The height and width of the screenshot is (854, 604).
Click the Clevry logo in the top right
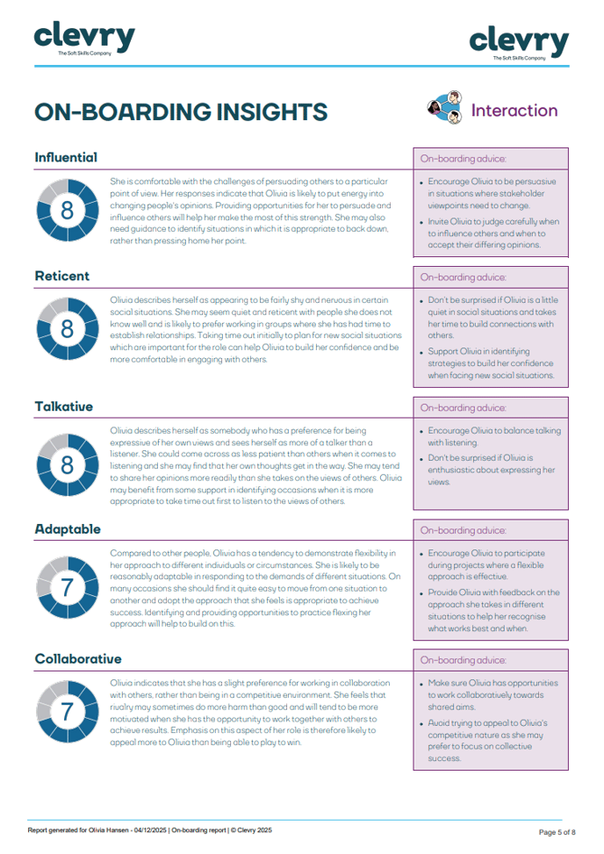tap(519, 43)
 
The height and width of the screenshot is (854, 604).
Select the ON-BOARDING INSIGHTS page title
tap(180, 112)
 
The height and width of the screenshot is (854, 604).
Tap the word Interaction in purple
tap(514, 111)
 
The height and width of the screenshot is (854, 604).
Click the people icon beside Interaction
tap(444, 109)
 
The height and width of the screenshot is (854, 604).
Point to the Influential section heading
tap(66, 158)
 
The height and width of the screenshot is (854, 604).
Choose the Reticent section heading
tap(62, 276)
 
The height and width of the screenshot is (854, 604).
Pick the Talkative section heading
tap(64, 407)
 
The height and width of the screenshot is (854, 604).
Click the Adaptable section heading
tap(68, 529)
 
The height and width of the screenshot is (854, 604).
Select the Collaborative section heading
tap(78, 659)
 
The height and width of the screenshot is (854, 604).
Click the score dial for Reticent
tap(67, 329)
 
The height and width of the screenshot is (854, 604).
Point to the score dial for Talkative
tap(67, 465)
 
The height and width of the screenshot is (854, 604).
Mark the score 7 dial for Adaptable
tap(67, 587)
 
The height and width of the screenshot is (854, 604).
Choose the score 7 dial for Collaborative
tap(67, 712)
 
